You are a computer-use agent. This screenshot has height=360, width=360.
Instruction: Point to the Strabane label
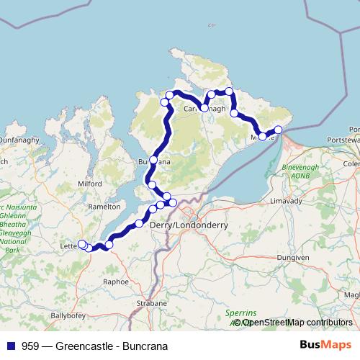[151, 304]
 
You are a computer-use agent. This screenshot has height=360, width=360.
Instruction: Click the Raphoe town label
[116, 282]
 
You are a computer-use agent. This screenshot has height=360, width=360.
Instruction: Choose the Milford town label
[90, 184]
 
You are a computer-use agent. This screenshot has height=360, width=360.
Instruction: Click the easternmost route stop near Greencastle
[279, 130]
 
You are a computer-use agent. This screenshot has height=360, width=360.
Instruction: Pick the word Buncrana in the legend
[143, 346]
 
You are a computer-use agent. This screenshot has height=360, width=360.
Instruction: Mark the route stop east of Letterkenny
[109, 245]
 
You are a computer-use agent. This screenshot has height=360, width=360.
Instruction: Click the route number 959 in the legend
[31, 346]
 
